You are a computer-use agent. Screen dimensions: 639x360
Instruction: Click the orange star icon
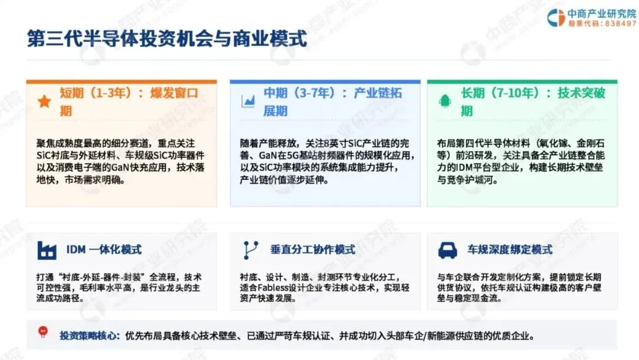click(44, 101)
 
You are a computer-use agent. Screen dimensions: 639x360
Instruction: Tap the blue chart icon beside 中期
click(248, 101)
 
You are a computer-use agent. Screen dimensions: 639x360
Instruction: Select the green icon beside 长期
click(444, 101)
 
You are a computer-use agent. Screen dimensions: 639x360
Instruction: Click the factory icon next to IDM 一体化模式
click(47, 250)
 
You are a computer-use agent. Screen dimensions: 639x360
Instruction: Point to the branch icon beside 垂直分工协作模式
click(250, 250)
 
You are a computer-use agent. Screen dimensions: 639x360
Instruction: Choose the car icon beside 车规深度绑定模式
click(447, 250)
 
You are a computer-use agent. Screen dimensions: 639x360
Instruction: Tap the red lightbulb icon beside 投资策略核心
click(43, 332)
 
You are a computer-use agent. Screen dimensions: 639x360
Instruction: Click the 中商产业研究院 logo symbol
click(556, 18)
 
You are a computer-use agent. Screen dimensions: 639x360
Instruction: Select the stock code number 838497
click(620, 24)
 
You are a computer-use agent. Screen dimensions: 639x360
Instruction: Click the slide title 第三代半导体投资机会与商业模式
click(167, 38)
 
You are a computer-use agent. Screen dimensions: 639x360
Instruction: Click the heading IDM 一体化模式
click(104, 249)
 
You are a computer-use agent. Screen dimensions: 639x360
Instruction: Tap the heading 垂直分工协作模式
click(312, 249)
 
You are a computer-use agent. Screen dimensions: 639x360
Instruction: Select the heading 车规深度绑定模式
click(510, 249)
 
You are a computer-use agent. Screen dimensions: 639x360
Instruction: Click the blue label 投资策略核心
click(90, 336)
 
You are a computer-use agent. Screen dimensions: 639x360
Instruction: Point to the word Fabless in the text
click(271, 288)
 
